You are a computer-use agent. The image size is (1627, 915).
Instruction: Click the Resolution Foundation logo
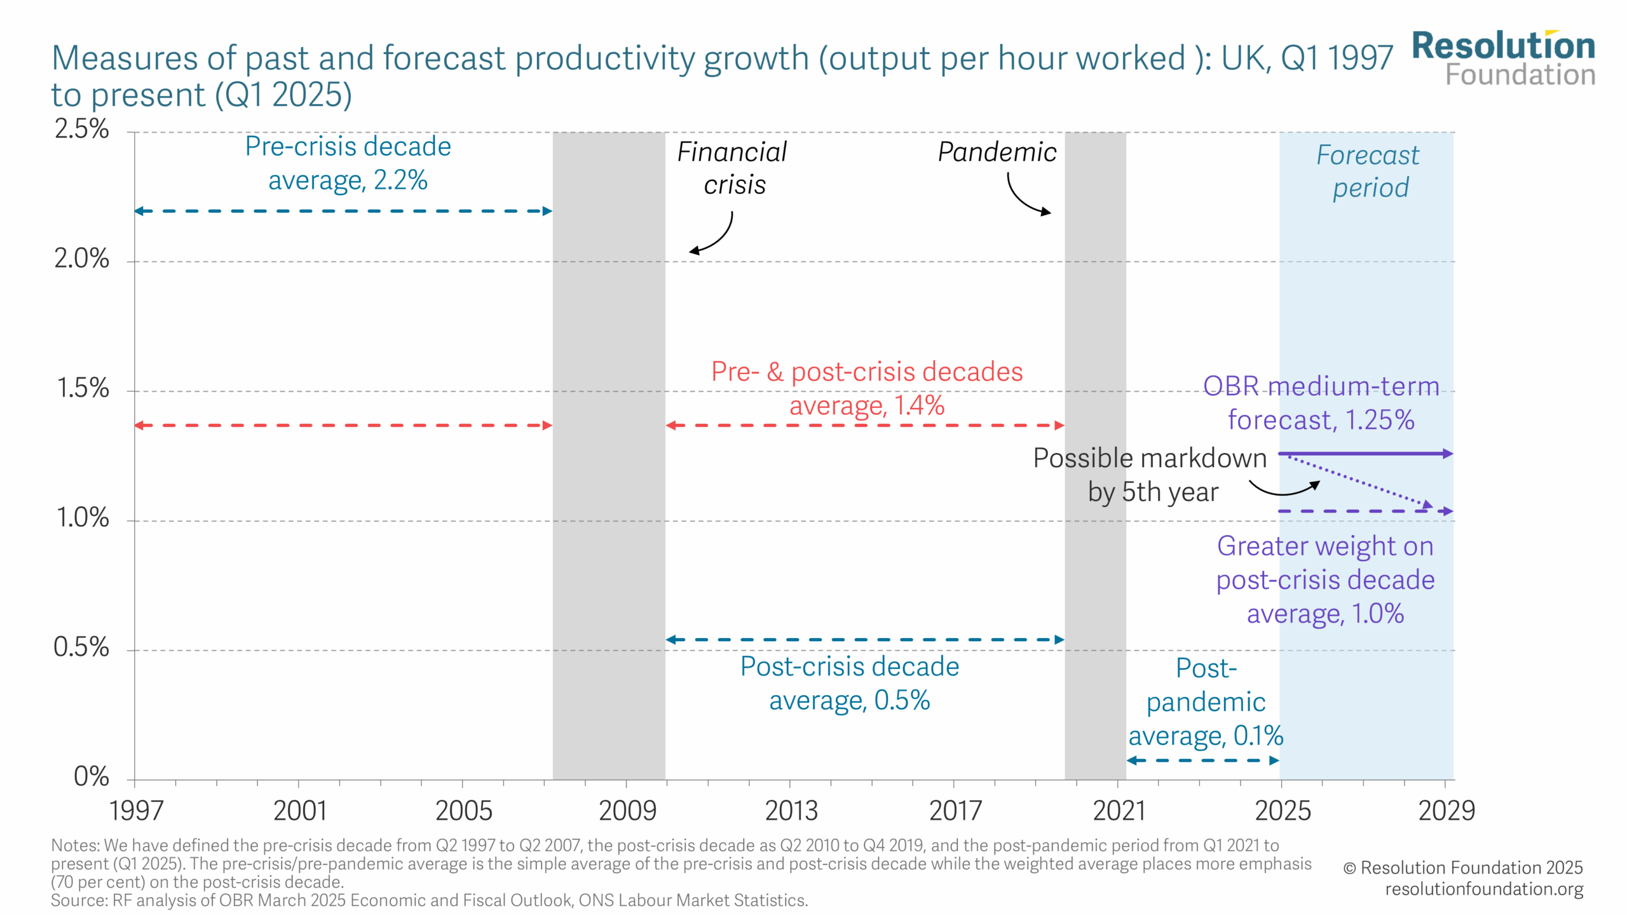(x=1503, y=58)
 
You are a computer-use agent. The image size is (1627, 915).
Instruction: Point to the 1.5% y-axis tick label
(x=83, y=388)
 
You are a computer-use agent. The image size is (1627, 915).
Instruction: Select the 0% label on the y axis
(x=91, y=776)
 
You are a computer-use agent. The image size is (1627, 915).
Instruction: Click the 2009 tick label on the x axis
(x=627, y=811)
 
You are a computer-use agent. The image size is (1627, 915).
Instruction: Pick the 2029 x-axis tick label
(x=1447, y=811)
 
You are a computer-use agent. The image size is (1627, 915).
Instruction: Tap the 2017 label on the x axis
(x=955, y=811)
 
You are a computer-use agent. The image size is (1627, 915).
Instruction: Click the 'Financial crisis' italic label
(x=733, y=168)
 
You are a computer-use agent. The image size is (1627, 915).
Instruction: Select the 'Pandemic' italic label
(x=997, y=152)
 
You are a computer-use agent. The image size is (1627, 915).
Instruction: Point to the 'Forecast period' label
(x=1369, y=172)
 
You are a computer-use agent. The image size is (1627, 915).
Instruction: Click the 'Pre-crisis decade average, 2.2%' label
(x=348, y=163)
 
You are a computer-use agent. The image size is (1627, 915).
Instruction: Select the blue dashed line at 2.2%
(x=343, y=211)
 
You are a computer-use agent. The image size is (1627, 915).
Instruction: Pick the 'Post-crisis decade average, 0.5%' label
(x=850, y=684)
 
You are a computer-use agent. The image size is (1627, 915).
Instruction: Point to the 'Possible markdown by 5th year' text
(x=1150, y=475)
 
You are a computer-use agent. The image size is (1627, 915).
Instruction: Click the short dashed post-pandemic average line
(x=1202, y=760)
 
